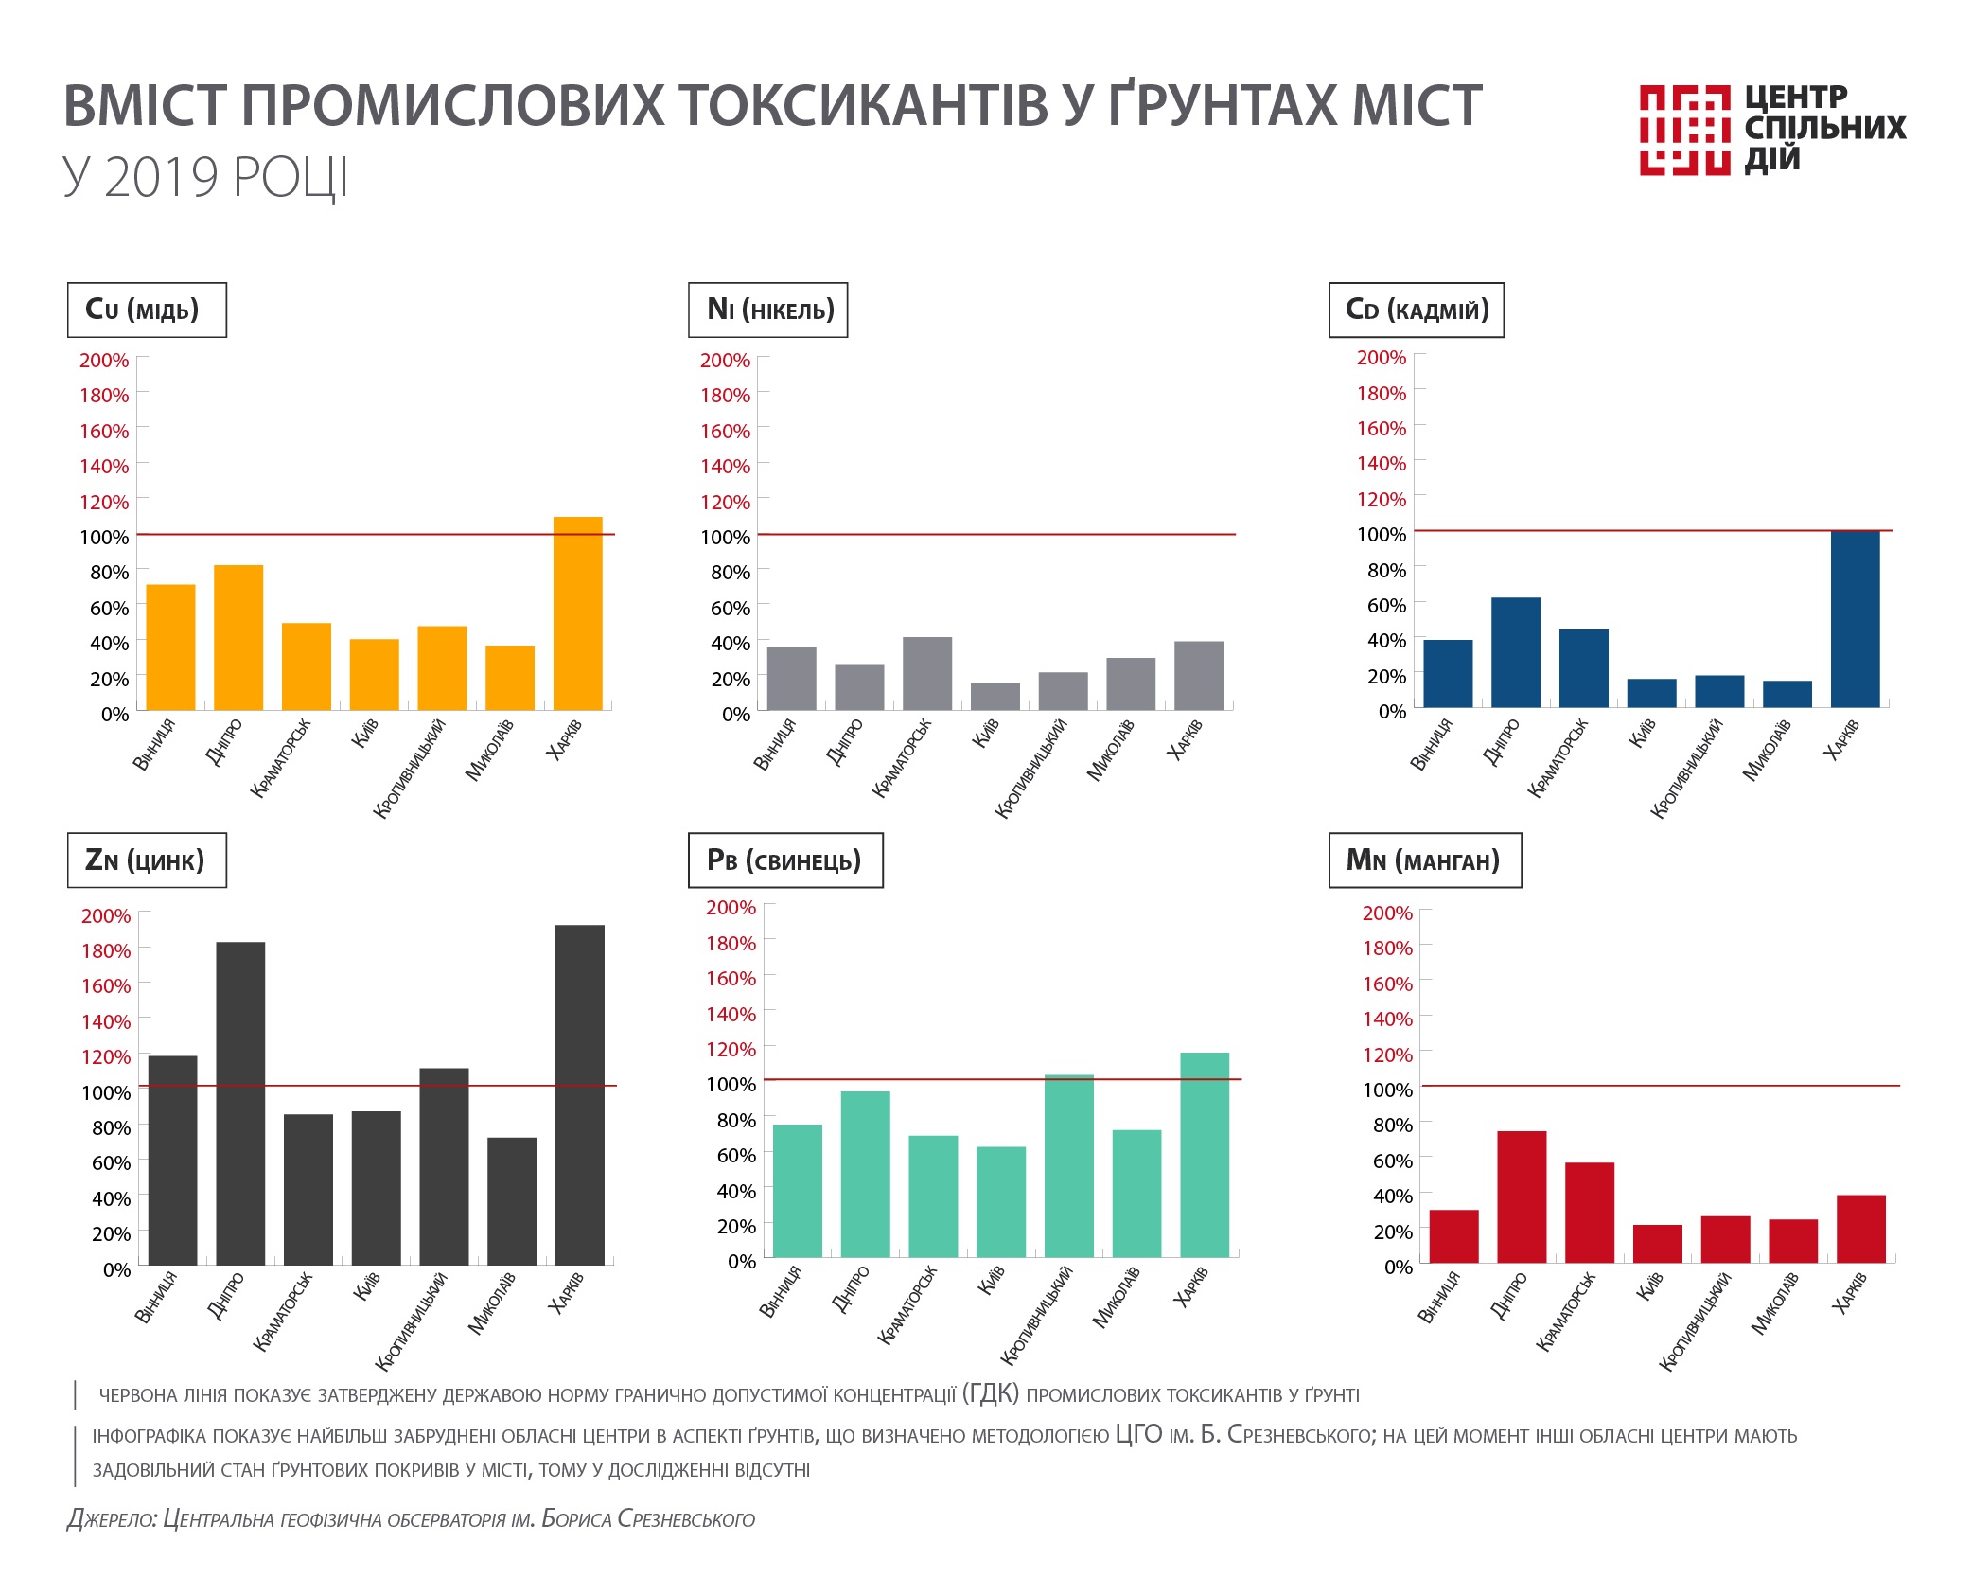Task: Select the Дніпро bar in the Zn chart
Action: pyautogui.click(x=240, y=1103)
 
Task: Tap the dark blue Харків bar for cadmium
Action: pyautogui.click(x=1855, y=619)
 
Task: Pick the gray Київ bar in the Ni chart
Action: pyautogui.click(x=995, y=696)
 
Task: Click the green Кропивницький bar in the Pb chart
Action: pyautogui.click(x=1068, y=1165)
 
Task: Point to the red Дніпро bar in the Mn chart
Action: pyautogui.click(x=1522, y=1197)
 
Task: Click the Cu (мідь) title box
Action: pyautogui.click(x=147, y=310)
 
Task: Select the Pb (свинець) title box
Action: pyautogui.click(x=784, y=860)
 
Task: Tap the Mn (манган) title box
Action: pyautogui.click(x=1424, y=860)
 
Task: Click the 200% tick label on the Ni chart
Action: pyautogui.click(x=725, y=361)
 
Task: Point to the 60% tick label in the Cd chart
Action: pyautogui.click(x=1386, y=605)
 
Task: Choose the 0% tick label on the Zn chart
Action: pyautogui.click(x=117, y=1269)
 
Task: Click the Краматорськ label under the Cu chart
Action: pyautogui.click(x=281, y=758)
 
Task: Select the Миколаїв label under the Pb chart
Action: pyautogui.click(x=1117, y=1298)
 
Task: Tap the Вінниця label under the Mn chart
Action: pyautogui.click(x=1439, y=1298)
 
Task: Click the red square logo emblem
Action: pyautogui.click(x=1684, y=130)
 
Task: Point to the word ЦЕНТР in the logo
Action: pyautogui.click(x=1795, y=98)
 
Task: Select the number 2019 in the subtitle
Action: pyautogui.click(x=161, y=177)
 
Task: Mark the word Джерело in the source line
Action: pyautogui.click(x=111, y=1519)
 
